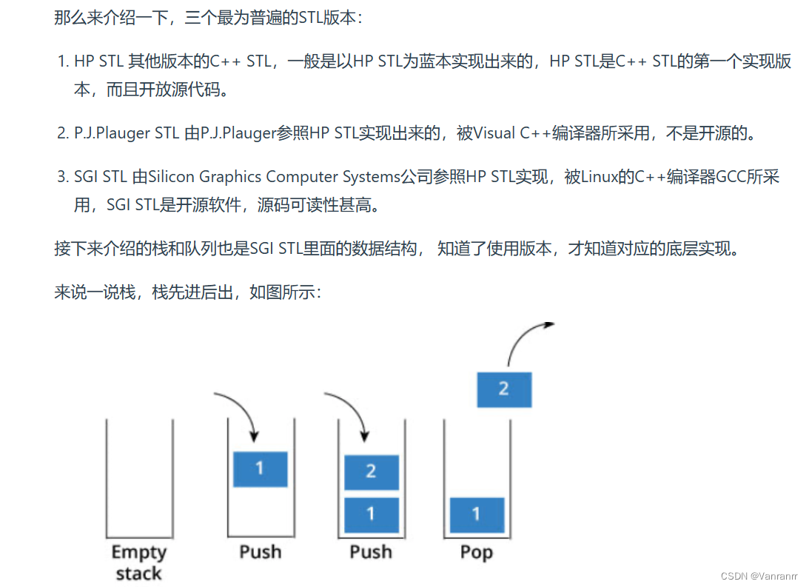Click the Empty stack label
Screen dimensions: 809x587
pos(139,562)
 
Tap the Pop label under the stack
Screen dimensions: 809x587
pos(476,552)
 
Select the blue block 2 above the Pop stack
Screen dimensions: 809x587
pos(503,389)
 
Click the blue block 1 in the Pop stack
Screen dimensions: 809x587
pos(477,514)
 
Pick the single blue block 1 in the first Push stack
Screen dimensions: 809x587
pos(260,469)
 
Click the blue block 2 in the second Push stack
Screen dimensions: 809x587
pos(371,472)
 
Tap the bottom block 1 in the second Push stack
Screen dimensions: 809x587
pos(371,514)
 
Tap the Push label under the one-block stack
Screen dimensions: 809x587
pos(260,552)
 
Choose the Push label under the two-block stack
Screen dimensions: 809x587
pos(370,552)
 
